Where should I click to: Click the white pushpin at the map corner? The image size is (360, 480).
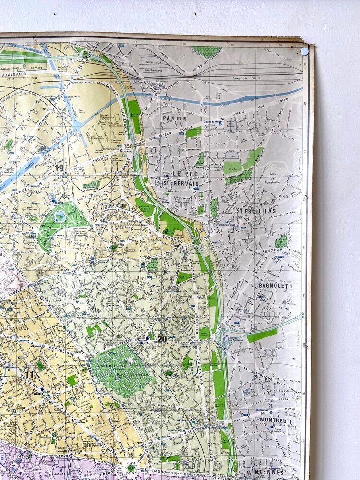[x=304, y=51]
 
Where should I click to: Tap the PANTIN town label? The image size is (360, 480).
[x=175, y=118]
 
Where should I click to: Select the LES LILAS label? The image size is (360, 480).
[x=253, y=211]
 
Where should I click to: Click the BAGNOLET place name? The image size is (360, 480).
[x=273, y=285]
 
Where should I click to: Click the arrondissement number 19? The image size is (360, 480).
[x=60, y=168]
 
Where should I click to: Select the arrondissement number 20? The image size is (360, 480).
[x=162, y=339]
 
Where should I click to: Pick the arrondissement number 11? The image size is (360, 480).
[x=30, y=374]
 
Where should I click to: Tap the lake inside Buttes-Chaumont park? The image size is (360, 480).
[x=60, y=216]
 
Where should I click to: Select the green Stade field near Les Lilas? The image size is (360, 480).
[x=233, y=167]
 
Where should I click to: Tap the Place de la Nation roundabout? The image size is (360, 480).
[x=131, y=467]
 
